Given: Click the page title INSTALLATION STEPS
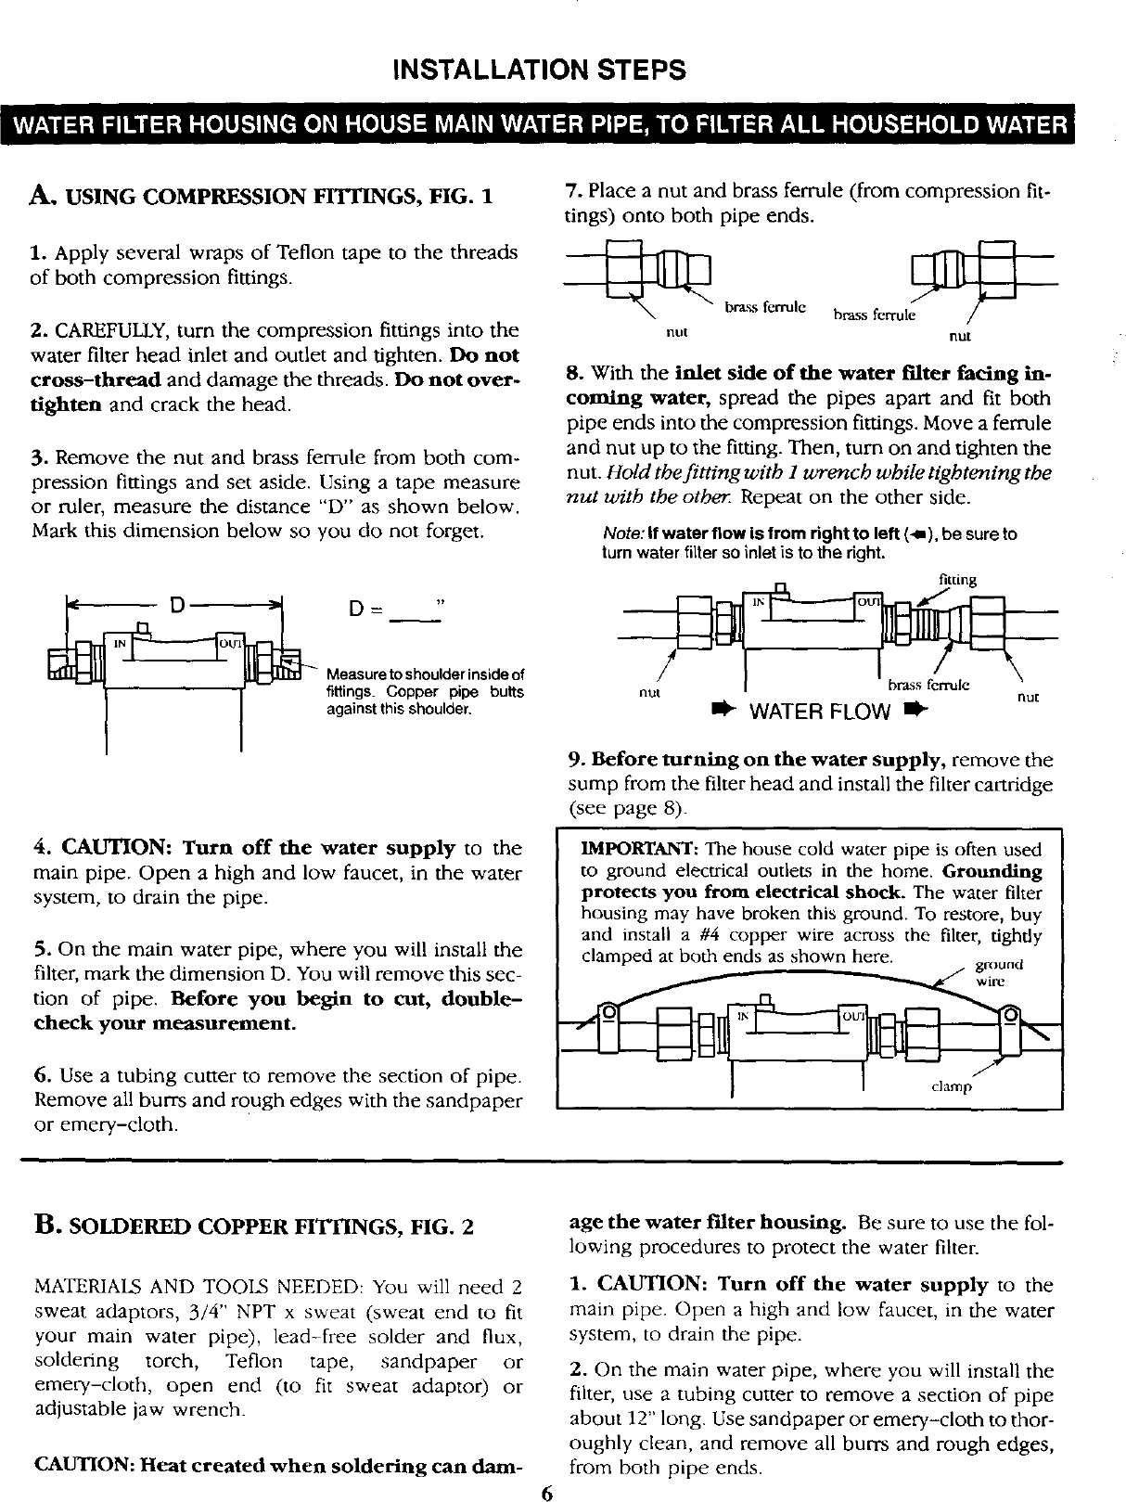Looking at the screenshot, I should pos(539,70).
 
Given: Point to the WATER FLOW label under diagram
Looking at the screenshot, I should pos(818,712).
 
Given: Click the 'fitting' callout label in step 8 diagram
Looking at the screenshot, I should pos(957,581).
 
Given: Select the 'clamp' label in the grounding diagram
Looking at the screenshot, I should pos(951,1086).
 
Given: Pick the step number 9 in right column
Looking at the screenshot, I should pos(573,761).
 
